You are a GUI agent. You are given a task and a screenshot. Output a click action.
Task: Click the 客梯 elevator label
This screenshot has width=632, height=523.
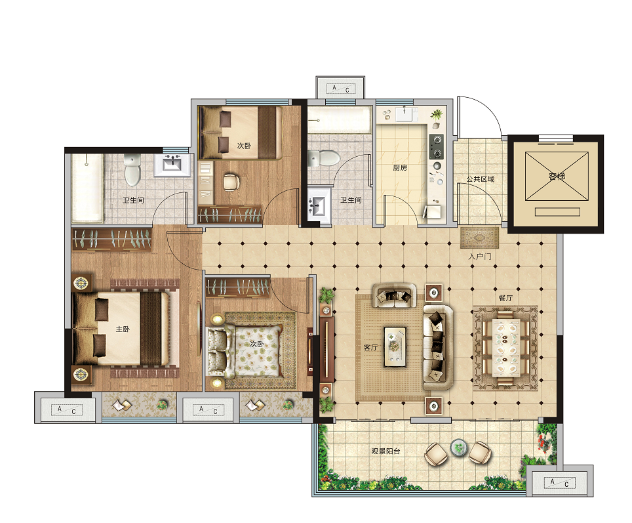(x=557, y=177)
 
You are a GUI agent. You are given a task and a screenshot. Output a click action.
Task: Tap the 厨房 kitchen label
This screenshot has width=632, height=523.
(x=400, y=167)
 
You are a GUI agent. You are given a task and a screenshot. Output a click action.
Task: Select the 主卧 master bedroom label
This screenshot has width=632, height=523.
(x=123, y=329)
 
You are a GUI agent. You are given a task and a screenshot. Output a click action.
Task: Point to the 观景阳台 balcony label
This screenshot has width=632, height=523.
(x=385, y=451)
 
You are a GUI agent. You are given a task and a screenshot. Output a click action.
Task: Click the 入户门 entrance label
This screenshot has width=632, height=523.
(x=480, y=257)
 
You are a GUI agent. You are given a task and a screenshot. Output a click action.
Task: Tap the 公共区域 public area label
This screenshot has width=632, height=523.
(x=481, y=178)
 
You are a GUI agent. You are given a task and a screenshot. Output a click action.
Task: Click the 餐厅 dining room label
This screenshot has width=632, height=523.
(x=505, y=298)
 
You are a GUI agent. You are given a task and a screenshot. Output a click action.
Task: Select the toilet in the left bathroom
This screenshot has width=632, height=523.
(x=132, y=169)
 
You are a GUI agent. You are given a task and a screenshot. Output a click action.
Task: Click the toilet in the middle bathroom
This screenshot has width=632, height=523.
(x=324, y=158)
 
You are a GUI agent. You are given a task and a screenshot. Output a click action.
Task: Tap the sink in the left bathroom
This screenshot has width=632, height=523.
(x=172, y=165)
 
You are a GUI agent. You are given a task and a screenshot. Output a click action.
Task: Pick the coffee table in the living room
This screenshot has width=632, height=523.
(x=395, y=346)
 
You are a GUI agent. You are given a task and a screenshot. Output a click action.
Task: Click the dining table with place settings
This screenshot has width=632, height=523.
(x=505, y=348)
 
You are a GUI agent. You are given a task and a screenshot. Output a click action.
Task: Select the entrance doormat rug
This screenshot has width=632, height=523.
(x=479, y=238)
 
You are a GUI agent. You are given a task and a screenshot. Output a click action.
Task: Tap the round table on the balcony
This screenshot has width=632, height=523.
(x=458, y=447)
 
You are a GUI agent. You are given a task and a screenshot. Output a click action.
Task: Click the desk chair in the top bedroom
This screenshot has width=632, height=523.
(x=231, y=182)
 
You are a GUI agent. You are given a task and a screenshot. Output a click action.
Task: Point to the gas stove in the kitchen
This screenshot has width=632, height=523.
(x=436, y=146)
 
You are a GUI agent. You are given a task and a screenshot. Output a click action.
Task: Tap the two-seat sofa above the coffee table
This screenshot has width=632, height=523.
(x=394, y=295)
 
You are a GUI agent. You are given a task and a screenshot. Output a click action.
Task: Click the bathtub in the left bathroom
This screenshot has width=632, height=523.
(x=87, y=188)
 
